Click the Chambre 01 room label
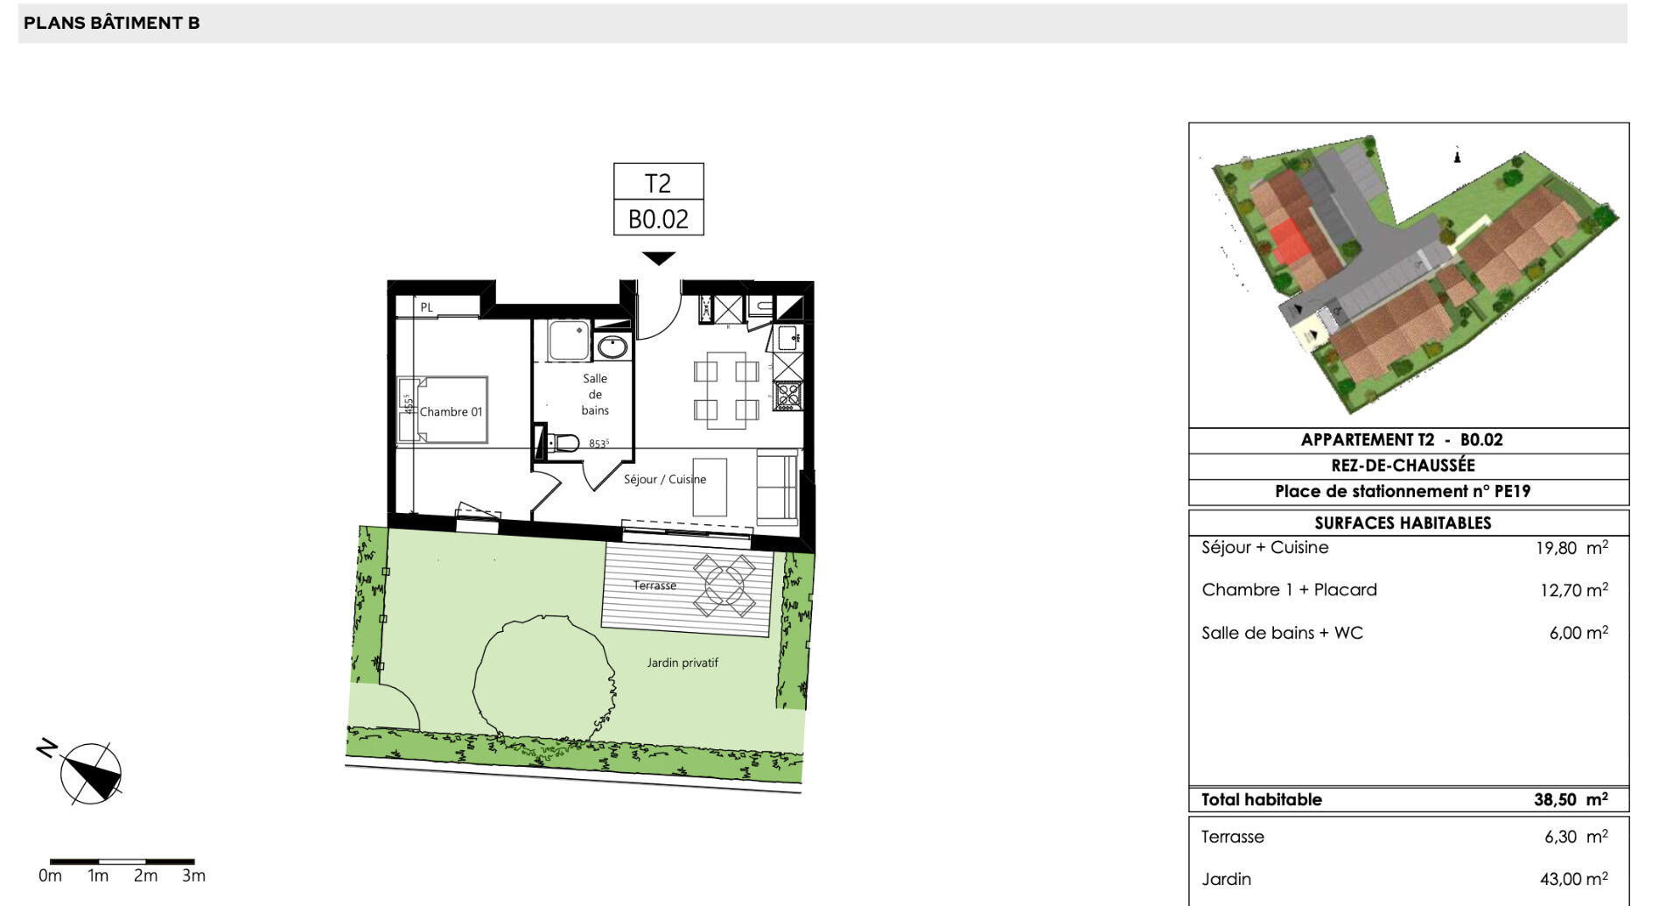click(x=451, y=411)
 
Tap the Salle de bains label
click(x=595, y=394)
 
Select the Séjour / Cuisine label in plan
click(x=665, y=479)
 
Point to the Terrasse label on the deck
click(x=654, y=585)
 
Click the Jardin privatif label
click(x=682, y=663)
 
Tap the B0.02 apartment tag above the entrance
click(x=658, y=218)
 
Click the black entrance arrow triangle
click(x=659, y=258)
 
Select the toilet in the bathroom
click(x=563, y=443)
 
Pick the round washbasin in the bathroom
click(x=612, y=348)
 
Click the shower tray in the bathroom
click(x=569, y=341)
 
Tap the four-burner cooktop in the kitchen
click(x=787, y=397)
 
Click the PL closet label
click(x=426, y=307)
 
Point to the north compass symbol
click(x=90, y=773)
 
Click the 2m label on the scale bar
click(x=145, y=875)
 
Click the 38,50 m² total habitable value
click(x=1571, y=799)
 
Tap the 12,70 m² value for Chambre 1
click(x=1574, y=590)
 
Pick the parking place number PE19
click(x=1512, y=491)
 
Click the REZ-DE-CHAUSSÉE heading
click(x=1403, y=465)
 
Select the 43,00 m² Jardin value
click(x=1574, y=879)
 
